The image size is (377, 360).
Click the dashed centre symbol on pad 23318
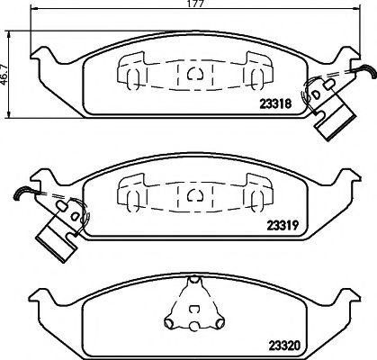[x=193, y=72]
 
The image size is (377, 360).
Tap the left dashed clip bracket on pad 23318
[x=130, y=69]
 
